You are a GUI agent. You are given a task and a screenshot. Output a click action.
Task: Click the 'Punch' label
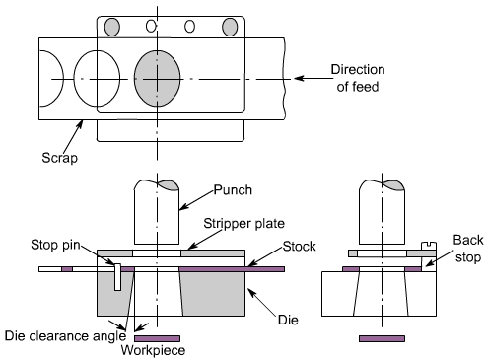(233, 190)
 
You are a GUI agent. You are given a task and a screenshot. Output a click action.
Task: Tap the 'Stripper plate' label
(243, 224)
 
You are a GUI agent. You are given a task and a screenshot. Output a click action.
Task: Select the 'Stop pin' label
(55, 245)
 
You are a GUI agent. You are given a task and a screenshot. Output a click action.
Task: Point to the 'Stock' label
(299, 247)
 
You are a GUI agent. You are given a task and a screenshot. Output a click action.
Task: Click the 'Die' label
(288, 320)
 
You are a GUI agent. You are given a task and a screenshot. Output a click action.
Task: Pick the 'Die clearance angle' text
(65, 336)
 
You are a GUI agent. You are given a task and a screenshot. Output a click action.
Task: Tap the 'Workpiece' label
(153, 350)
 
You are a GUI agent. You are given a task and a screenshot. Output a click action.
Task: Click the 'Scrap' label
(60, 158)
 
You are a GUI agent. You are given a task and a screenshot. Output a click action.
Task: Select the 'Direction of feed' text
(358, 78)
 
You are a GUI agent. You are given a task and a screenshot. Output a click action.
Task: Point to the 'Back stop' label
(468, 249)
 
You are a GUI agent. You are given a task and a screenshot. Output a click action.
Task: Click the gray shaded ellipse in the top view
(157, 78)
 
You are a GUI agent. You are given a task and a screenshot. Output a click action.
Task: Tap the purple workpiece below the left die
(157, 338)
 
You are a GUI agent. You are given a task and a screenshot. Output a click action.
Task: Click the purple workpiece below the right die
(382, 338)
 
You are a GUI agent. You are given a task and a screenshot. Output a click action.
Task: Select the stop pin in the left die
(117, 277)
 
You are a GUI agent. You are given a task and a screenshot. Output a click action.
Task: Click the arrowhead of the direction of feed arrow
(299, 78)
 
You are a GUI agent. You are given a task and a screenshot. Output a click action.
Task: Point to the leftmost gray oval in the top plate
(112, 27)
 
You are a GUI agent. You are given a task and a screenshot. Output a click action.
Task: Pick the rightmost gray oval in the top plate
(230, 27)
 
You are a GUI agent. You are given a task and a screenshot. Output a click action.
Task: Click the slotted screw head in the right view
(429, 246)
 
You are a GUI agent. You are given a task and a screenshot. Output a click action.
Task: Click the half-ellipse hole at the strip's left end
(63, 78)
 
